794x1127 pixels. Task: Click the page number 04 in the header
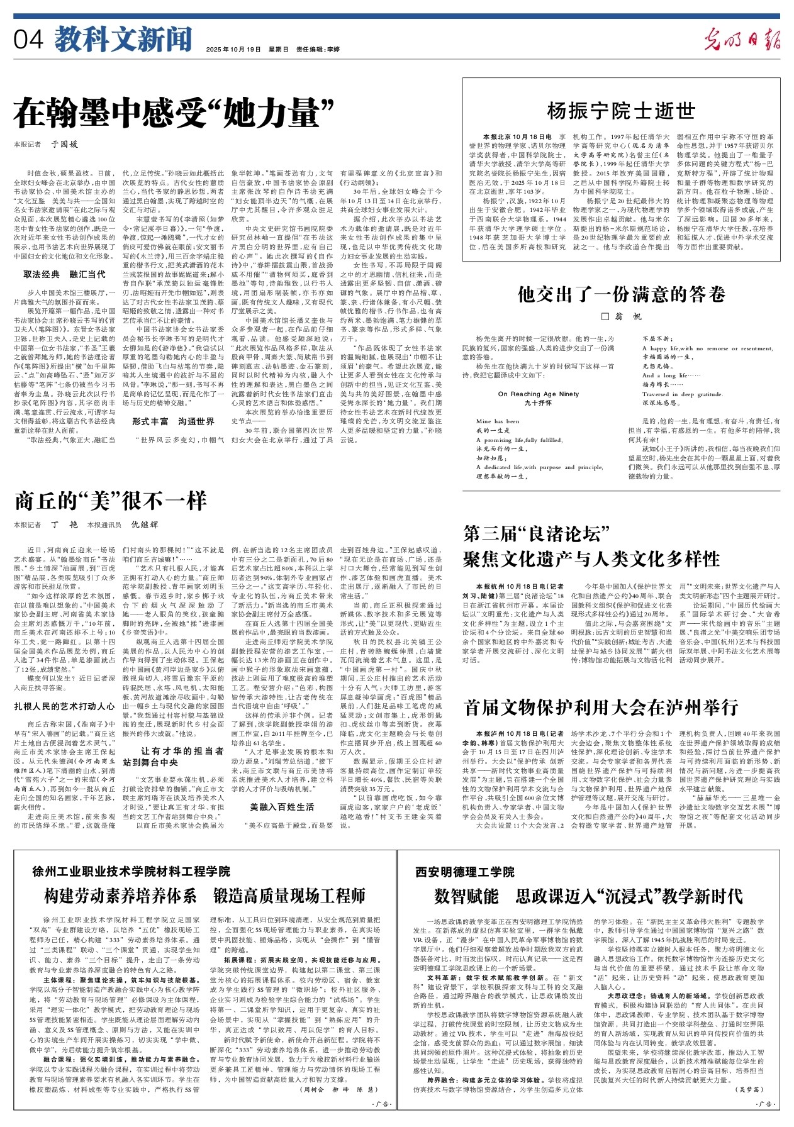29,40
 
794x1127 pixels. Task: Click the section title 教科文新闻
123,40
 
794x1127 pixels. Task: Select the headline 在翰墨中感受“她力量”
174,113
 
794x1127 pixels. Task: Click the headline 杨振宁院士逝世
621,111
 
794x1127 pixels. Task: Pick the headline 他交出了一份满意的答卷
621,294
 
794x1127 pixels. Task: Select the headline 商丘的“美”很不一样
111,501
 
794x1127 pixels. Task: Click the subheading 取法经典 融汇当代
65,274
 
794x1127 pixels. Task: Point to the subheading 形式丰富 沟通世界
173,421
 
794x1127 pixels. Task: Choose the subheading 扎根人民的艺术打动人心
65,707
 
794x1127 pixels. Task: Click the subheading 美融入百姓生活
282,807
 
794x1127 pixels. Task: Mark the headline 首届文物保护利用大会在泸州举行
601,708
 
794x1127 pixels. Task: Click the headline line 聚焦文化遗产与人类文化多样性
591,559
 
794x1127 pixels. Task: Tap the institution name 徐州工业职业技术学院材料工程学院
131,872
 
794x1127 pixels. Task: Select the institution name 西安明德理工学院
465,872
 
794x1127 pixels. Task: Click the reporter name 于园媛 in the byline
64,144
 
